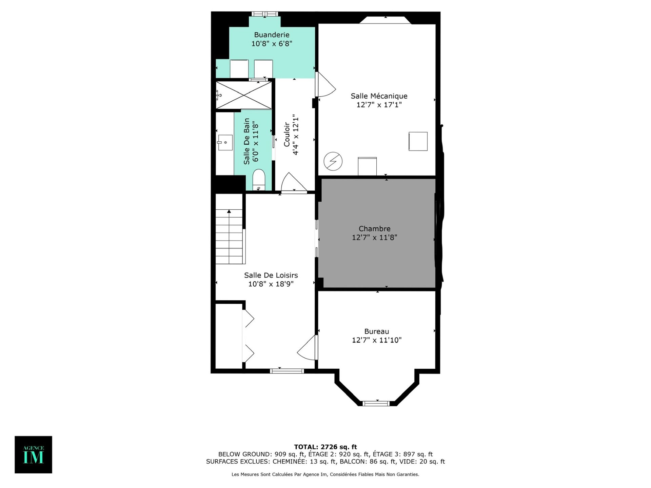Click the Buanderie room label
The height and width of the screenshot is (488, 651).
coord(272,35)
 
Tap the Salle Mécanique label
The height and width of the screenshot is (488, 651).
coord(379,96)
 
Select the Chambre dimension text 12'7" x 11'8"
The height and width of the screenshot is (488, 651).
coord(374,237)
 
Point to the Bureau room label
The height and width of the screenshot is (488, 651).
coord(376,331)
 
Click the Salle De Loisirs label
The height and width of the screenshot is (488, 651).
coord(271,275)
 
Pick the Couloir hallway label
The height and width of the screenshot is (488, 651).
coord(287,135)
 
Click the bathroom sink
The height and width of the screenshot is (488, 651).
coord(225,143)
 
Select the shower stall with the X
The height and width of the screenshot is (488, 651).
coord(244,95)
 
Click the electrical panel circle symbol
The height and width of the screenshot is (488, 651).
coord(333,161)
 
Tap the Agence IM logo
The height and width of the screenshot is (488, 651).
coord(33,454)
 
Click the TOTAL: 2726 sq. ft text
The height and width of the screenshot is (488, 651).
coord(325,447)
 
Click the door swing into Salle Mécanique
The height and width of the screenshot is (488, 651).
coord(326,84)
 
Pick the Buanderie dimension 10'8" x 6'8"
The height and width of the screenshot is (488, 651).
coord(272,43)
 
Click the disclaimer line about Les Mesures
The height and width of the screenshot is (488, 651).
coord(325,474)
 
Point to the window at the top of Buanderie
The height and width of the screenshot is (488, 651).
coord(265,14)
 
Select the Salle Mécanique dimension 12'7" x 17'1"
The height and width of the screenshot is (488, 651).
coord(379,105)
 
